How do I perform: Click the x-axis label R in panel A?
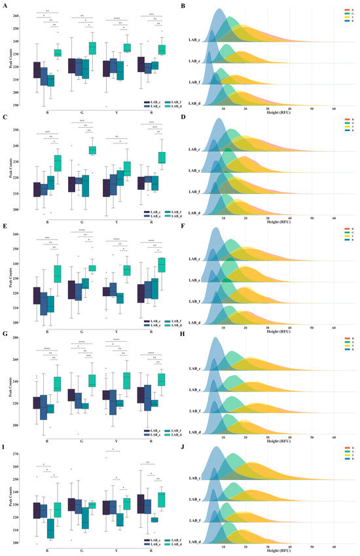(152, 105)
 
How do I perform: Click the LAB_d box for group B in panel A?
(57, 52)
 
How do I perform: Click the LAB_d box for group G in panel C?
(92, 150)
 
